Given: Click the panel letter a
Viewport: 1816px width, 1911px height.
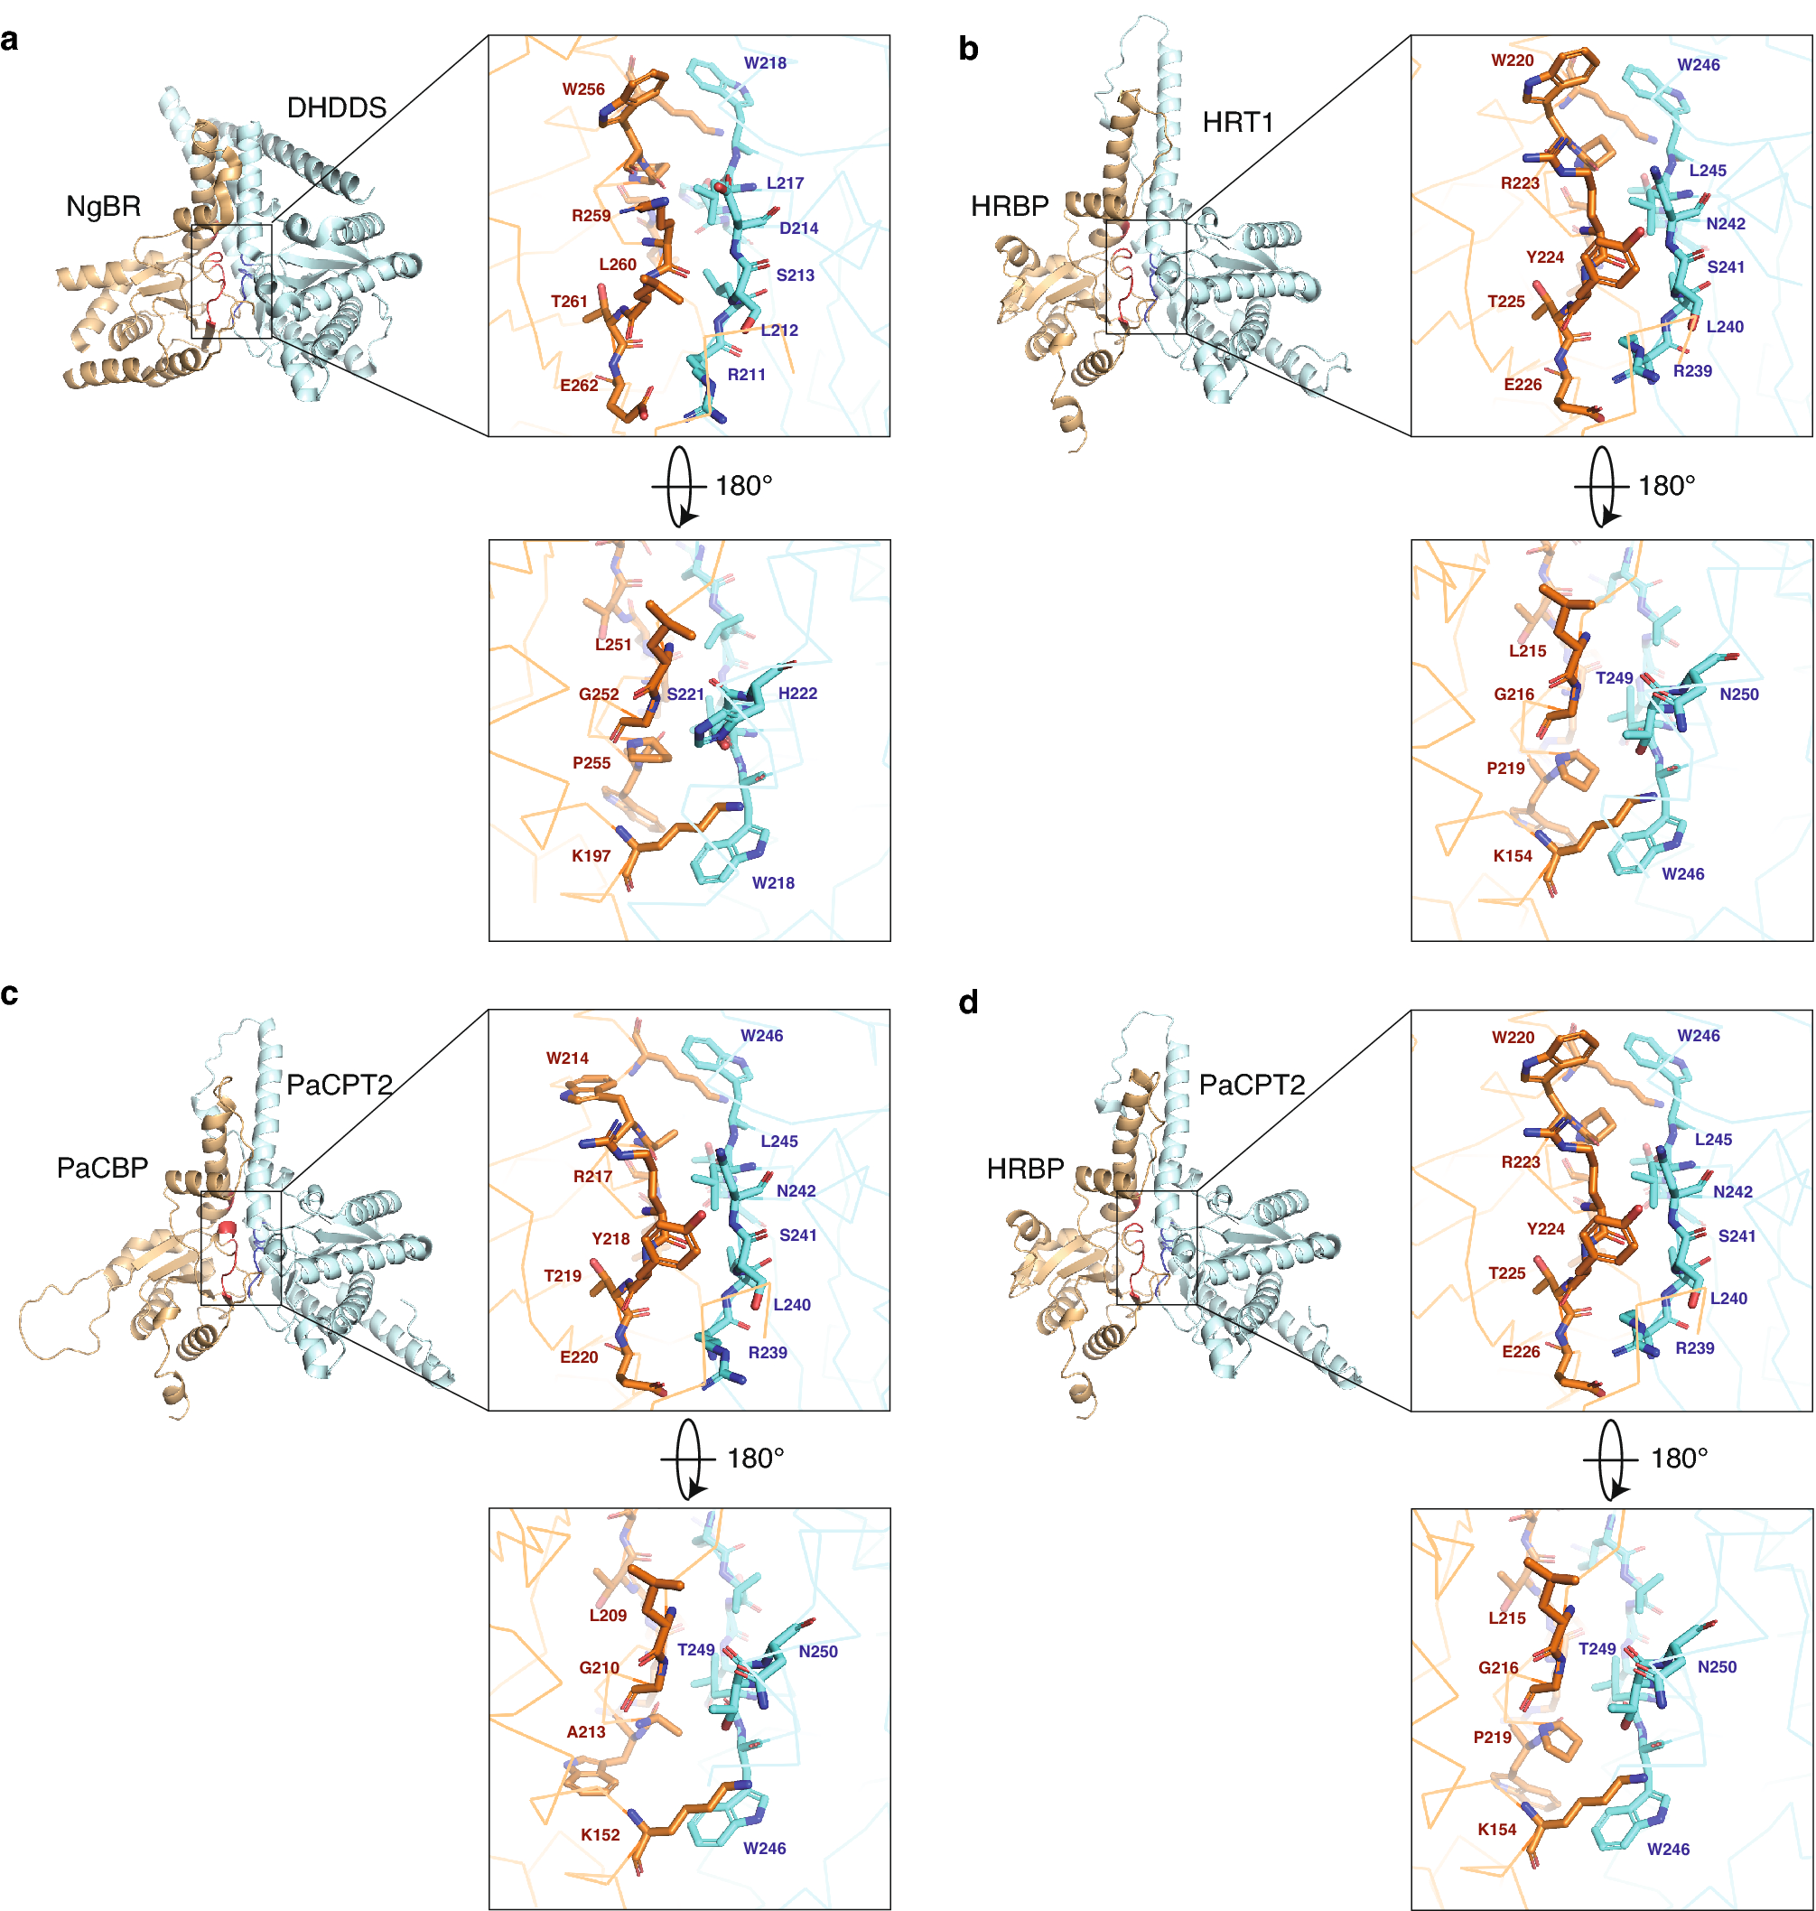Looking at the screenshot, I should click(10, 40).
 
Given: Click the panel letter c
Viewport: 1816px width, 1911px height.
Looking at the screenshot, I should click(10, 994).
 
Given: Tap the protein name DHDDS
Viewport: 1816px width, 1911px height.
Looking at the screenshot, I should click(336, 107).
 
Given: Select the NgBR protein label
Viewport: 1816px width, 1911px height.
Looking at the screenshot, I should click(103, 206).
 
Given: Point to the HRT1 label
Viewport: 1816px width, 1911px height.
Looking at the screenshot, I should click(1237, 122).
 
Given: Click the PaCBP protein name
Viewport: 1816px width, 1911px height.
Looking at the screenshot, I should click(102, 1168).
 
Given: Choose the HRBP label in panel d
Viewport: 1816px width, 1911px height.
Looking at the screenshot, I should click(1024, 1169).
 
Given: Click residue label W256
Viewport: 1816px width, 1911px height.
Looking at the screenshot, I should click(582, 89).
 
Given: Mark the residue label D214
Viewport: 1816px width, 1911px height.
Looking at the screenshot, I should click(798, 228).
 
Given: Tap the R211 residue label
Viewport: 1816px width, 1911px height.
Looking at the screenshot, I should click(746, 375).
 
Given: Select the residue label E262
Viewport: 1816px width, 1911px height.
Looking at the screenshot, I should click(579, 386).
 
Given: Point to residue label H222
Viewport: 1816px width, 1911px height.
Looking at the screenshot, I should click(797, 694).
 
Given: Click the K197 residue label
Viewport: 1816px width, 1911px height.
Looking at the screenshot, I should click(591, 856).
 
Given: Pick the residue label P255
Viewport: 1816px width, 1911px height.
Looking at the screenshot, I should click(591, 763).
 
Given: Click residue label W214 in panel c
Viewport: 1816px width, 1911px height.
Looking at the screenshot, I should click(566, 1058).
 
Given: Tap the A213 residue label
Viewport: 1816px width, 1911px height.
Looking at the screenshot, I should click(586, 1732).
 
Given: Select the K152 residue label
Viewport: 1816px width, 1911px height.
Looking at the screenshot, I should click(600, 1834).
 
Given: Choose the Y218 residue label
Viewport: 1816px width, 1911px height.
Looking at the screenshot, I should click(610, 1239).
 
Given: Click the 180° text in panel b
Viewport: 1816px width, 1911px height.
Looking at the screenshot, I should click(1666, 486).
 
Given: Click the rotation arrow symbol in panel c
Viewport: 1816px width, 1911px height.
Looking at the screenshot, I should click(688, 1459).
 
